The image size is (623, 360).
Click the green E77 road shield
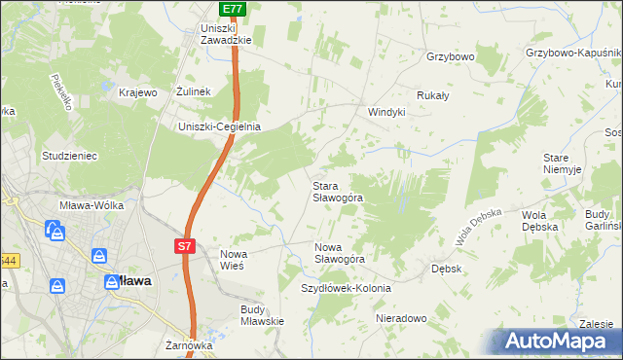pyautogui.click(x=232, y=9)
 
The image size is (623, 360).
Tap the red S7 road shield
pyautogui.click(x=185, y=247)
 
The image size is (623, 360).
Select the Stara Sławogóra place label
pyautogui.click(x=337, y=191)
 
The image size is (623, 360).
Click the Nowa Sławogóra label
pyautogui.click(x=339, y=253)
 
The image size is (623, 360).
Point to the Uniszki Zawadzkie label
pyautogui.click(x=226, y=34)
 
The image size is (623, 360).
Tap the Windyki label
pyautogui.click(x=385, y=112)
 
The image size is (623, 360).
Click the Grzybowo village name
pyautogui.click(x=450, y=57)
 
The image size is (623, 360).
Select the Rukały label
pyautogui.click(x=432, y=95)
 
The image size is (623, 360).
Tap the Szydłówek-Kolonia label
pyautogui.click(x=346, y=289)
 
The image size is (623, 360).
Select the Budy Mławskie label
pyautogui.click(x=261, y=315)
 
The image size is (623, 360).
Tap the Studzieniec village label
pyautogui.click(x=67, y=155)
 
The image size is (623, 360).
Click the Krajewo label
pyautogui.click(x=137, y=92)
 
